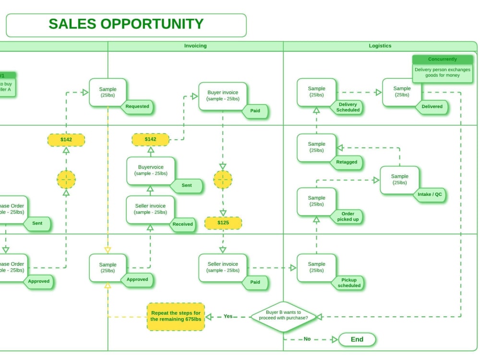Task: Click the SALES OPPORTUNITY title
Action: point(126,24)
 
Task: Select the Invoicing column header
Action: point(195,46)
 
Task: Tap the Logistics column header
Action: point(380,46)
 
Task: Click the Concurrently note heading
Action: point(443,60)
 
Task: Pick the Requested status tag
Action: point(137,107)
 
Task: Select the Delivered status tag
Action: point(432,107)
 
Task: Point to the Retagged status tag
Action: point(347,162)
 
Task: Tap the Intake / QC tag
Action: point(431,194)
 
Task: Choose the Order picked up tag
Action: point(348,216)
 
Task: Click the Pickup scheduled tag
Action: point(348,283)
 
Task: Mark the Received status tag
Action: point(183,224)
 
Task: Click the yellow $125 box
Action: point(223,223)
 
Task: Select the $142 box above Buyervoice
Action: point(150,139)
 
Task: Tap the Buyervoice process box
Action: point(151,170)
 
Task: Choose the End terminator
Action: point(357,339)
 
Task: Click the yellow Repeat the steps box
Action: point(175,316)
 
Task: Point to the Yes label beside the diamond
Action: point(228,316)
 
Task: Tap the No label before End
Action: point(307,339)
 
